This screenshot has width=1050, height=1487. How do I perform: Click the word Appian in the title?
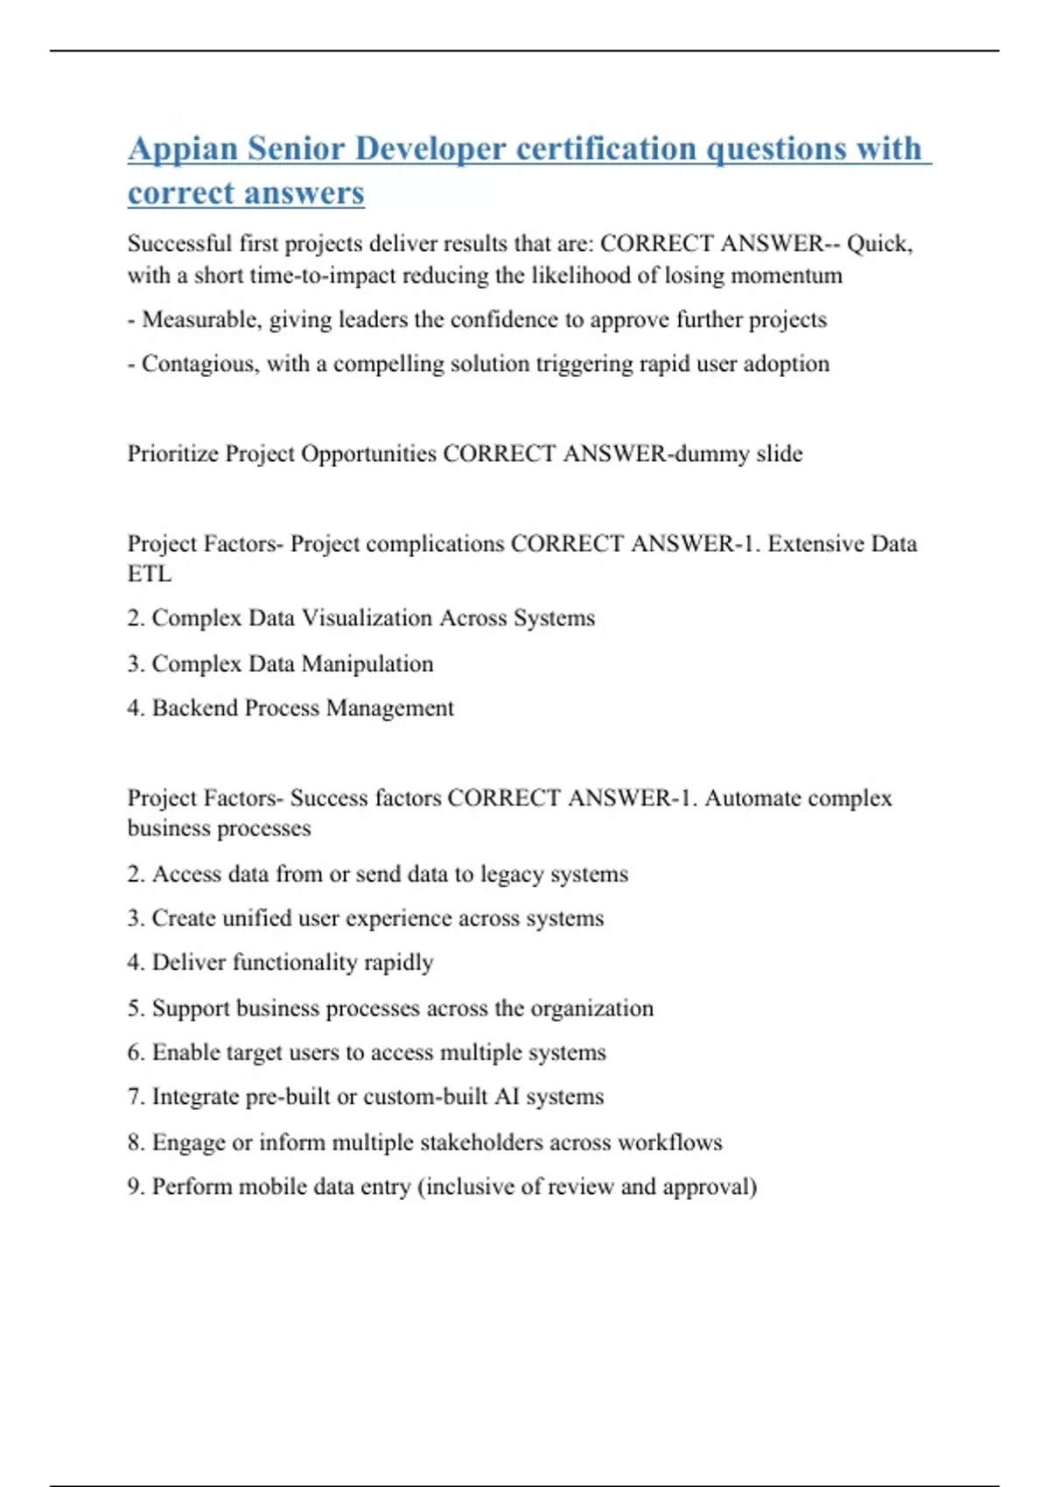coord(183,149)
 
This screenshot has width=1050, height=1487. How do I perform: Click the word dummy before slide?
coord(710,454)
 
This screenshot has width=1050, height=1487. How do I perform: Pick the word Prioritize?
coord(173,454)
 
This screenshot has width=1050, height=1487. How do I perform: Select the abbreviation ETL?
coord(150,574)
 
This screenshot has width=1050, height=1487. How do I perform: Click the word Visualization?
coord(367,618)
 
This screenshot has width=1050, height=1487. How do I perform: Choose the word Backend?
coord(192,708)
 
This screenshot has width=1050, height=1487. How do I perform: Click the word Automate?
coord(752,798)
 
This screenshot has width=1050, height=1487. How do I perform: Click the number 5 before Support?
coord(134,1009)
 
